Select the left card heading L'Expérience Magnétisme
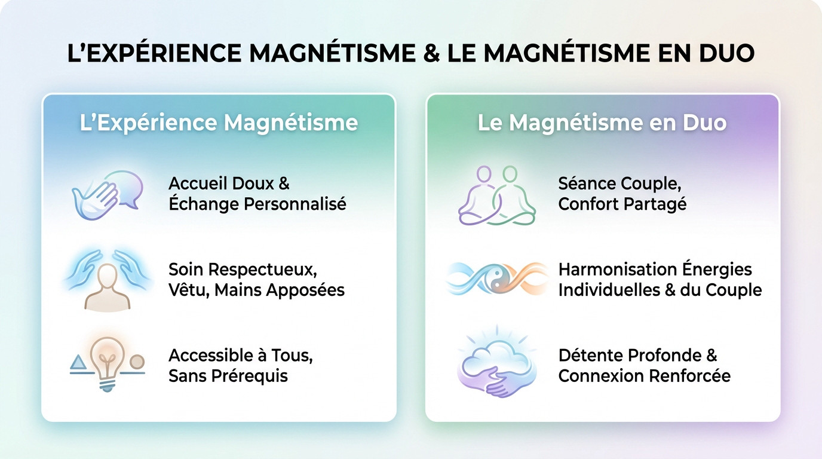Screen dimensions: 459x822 pyautogui.click(x=219, y=123)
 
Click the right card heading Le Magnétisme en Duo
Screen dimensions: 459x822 pyautogui.click(x=602, y=123)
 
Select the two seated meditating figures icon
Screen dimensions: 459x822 pyautogui.click(x=496, y=195)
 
